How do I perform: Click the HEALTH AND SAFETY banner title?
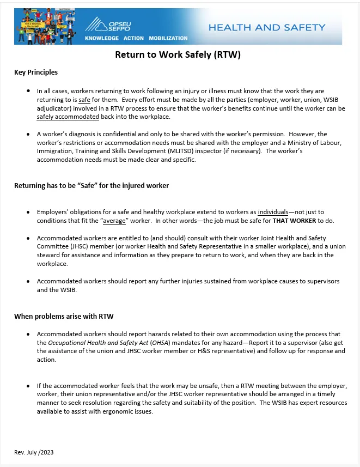[x=266, y=27]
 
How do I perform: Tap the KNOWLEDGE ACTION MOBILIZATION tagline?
[x=136, y=38]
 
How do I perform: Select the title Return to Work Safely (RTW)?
[x=178, y=55]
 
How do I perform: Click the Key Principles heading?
[x=36, y=72]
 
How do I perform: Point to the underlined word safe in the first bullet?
[x=84, y=100]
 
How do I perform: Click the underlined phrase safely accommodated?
[x=68, y=117]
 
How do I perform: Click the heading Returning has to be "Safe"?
[x=91, y=186]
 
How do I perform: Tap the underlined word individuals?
[x=273, y=212]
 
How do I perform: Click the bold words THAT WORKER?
[x=295, y=221]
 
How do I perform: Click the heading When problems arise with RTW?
[x=64, y=316]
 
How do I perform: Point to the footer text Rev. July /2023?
[x=34, y=452]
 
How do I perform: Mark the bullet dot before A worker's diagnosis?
[x=28, y=134]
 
